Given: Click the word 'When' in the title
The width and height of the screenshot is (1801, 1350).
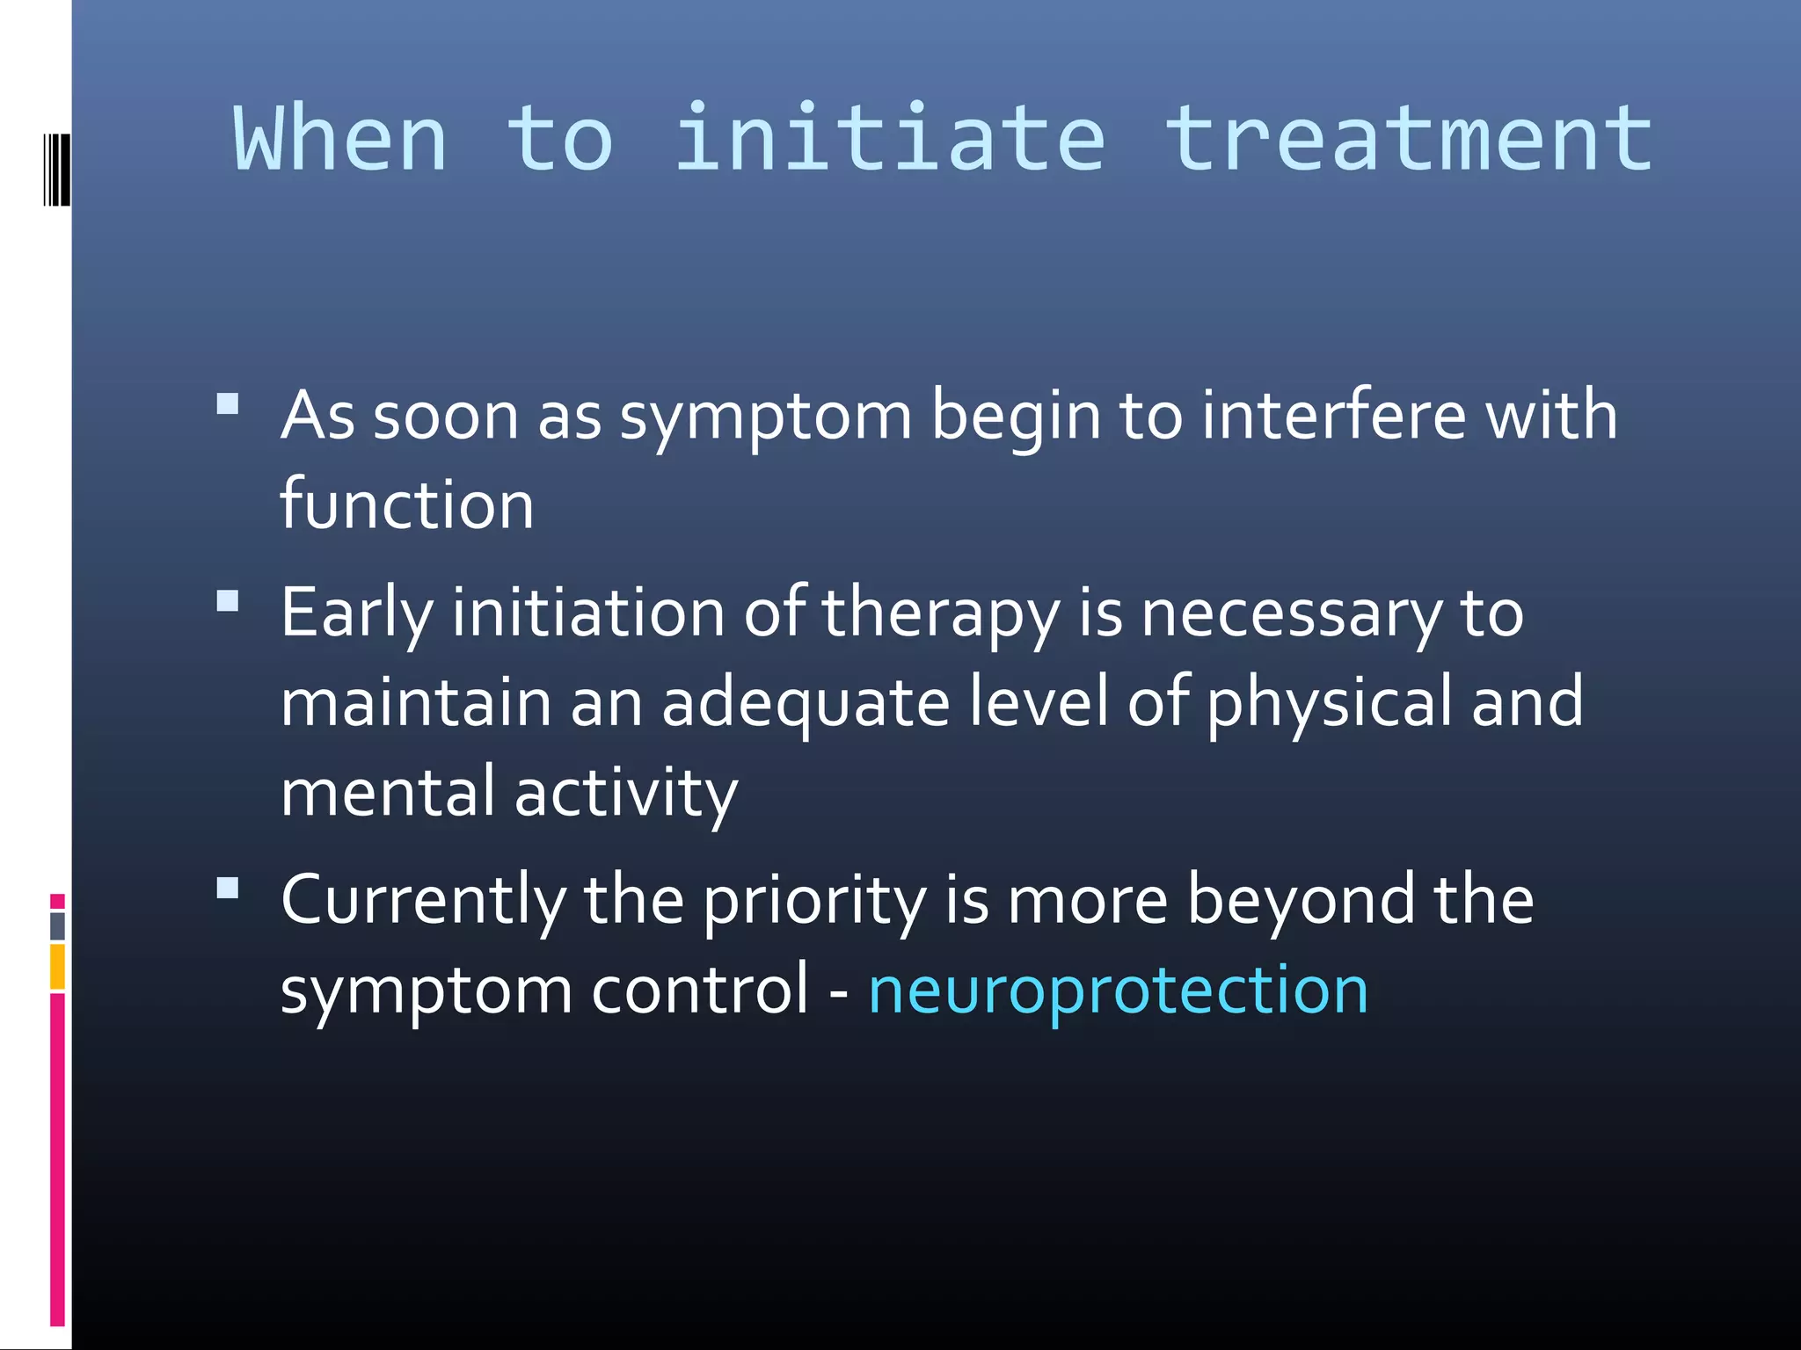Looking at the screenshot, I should pyautogui.click(x=340, y=139).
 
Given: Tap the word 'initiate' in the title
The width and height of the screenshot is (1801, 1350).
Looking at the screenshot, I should pyautogui.click(x=888, y=139).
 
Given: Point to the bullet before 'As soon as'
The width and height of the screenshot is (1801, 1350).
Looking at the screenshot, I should pyautogui.click(x=228, y=404).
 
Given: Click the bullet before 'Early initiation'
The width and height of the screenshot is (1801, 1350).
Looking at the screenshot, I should pyautogui.click(x=228, y=601).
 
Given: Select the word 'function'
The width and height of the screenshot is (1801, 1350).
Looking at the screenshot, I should pyautogui.click(x=406, y=504).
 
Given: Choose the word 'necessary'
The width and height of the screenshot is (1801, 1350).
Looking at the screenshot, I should pyautogui.click(x=1291, y=613).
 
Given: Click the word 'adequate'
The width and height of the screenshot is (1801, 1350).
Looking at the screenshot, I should pyautogui.click(x=806, y=703).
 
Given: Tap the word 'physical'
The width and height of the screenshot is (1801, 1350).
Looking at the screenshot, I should pyautogui.click(x=1329, y=703).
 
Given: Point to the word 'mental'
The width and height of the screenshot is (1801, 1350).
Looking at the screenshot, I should pyautogui.click(x=387, y=793).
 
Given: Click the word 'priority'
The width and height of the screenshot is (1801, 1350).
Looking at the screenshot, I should pyautogui.click(x=814, y=902).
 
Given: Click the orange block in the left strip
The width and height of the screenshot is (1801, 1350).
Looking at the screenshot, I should pyautogui.click(x=57, y=967).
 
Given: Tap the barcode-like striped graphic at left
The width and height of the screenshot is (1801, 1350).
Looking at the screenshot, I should pyautogui.click(x=55, y=170).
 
